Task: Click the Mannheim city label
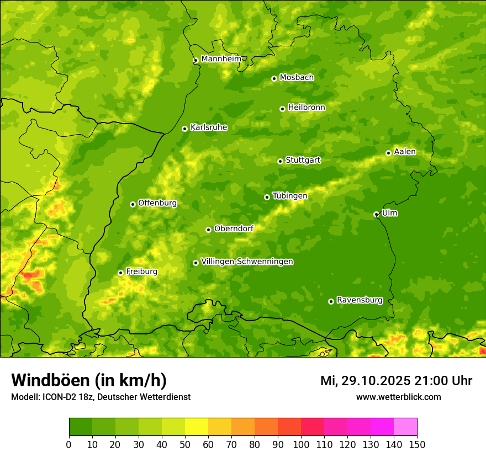point(221,59)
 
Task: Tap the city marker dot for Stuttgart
point(280,161)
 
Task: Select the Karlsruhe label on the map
point(208,127)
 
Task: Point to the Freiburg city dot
point(120,273)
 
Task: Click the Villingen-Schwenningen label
point(247,262)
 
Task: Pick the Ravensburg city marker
point(331,301)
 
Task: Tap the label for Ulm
point(389,213)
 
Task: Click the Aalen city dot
point(388,153)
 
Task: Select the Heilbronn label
point(307,108)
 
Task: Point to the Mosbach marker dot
point(274,78)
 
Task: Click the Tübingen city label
point(289,196)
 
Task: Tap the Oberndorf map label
point(234,228)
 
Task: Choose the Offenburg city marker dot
point(133,204)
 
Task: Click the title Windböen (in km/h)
point(88,380)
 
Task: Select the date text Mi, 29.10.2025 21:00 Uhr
point(396,381)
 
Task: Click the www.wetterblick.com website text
point(398,397)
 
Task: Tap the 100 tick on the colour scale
point(301,445)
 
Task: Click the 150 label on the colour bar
point(417,445)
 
